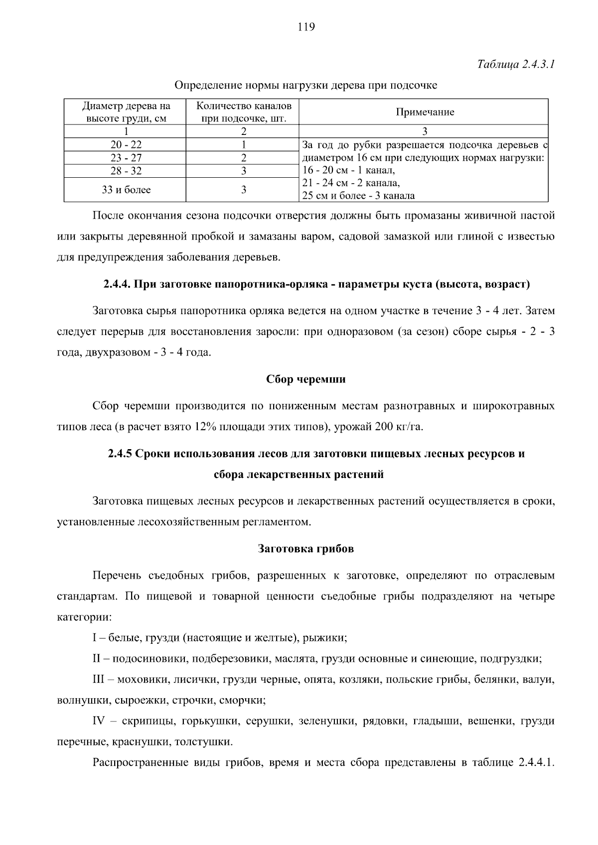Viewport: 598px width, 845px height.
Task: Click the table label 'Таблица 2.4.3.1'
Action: (516, 65)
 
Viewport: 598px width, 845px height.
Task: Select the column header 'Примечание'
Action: (425, 112)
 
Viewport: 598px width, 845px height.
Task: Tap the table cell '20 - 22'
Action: (126, 145)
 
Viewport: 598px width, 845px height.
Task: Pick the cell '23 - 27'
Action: (126, 158)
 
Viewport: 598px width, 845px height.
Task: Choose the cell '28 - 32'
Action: (126, 171)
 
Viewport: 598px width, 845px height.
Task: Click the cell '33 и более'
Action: (126, 190)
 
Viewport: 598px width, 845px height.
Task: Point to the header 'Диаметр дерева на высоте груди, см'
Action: (126, 112)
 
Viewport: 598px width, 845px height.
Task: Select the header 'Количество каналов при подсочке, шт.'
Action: (244, 112)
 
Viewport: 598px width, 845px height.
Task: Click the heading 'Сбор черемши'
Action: (305, 379)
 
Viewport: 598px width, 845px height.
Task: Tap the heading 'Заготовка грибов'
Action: (305, 549)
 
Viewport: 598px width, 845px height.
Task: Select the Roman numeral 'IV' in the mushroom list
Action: (100, 721)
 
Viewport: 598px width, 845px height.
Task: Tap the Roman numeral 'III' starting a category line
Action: (100, 680)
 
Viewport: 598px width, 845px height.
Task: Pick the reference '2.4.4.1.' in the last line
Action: (536, 763)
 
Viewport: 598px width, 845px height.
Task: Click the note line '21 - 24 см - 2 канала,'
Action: (351, 183)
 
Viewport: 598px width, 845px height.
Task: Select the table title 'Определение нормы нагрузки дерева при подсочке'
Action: (305, 86)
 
